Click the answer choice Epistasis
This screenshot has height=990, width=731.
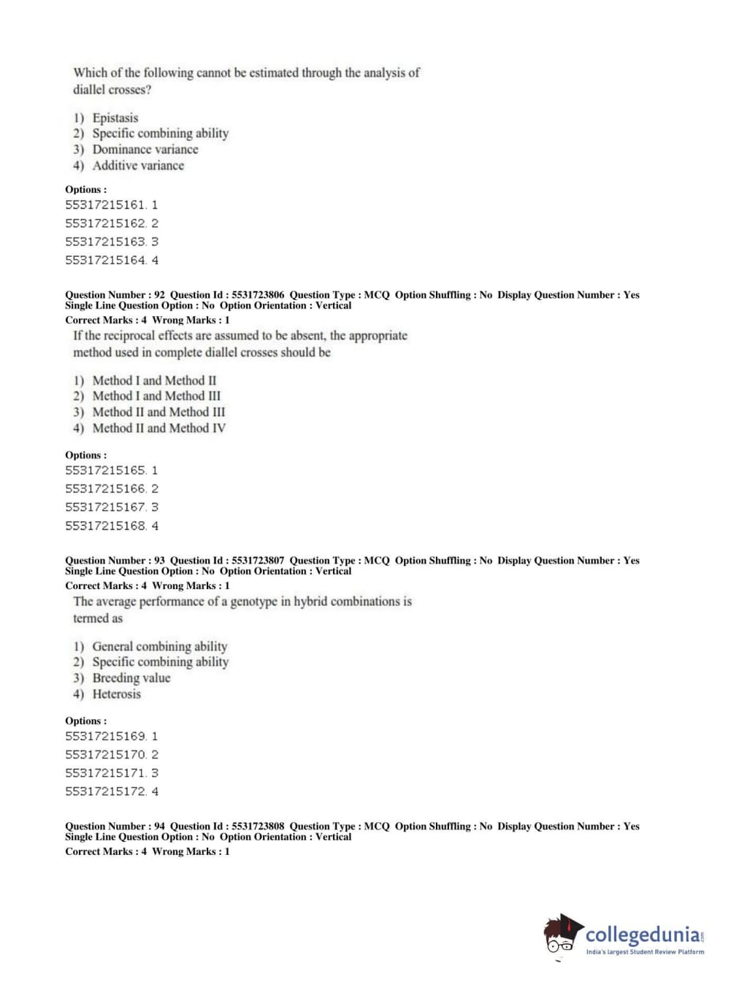pos(115,118)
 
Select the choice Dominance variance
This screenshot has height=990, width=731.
pos(145,149)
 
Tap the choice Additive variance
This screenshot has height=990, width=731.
pos(138,165)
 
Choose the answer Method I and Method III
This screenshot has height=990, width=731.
pos(156,396)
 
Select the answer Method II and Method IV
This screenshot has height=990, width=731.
pos(158,428)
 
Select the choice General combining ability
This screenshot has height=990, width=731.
pos(159,646)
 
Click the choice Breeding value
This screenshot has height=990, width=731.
pos(131,678)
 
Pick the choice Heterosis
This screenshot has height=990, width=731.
pos(116,694)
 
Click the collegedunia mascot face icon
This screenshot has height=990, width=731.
pos(562,935)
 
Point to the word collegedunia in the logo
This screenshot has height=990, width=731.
pos(642,935)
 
